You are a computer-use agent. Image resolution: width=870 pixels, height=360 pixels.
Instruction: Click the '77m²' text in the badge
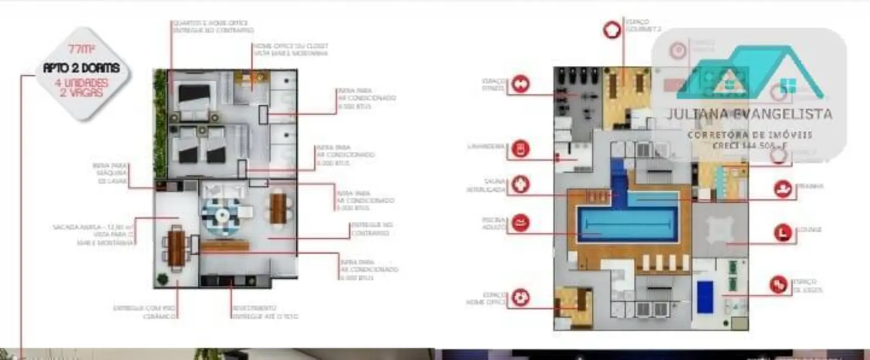pos(81,49)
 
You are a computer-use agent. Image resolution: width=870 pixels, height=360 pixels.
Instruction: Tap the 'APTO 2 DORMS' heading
pos(81,68)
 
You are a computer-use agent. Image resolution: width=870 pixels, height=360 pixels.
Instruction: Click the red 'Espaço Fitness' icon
pos(520,84)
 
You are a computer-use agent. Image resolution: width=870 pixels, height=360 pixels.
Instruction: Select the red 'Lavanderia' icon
pos(520,148)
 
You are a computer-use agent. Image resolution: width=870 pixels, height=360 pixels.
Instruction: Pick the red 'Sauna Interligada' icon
pos(520,184)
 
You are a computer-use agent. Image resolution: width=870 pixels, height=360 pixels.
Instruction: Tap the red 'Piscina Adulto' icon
pos(520,223)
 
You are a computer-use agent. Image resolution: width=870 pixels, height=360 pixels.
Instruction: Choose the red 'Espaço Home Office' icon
pos(520,298)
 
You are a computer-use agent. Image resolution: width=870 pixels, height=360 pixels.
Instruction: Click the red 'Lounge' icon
pos(782,232)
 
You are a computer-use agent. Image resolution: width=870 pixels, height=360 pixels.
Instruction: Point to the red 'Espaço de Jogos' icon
pos(779,285)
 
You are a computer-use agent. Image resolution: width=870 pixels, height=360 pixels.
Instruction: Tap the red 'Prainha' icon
pos(782,189)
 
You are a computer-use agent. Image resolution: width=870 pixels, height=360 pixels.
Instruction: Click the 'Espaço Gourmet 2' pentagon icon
pos(612,29)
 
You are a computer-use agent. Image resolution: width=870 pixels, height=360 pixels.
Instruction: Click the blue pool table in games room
pos(705,297)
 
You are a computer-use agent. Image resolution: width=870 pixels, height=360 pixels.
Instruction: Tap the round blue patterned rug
pos(221,216)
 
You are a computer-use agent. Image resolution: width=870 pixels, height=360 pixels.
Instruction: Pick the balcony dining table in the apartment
pos(176,249)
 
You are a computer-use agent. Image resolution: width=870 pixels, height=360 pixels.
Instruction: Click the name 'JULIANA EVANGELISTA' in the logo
pos(749,114)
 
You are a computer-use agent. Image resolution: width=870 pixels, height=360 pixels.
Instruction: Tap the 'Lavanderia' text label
pos(486,147)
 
